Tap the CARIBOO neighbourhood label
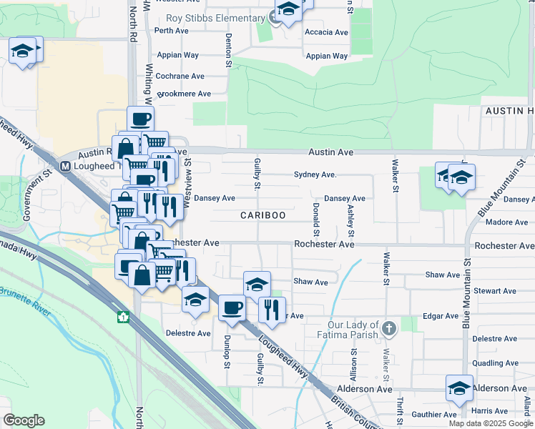[262, 215]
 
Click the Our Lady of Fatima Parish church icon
[388, 328]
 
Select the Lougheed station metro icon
[65, 166]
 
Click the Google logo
[24, 420]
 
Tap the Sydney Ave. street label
[315, 174]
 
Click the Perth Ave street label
[171, 31]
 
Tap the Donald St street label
[315, 219]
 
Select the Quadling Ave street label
[495, 363]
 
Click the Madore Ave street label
[501, 222]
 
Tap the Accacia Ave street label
[326, 32]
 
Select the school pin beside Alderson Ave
[459, 388]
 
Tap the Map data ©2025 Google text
[490, 423]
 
